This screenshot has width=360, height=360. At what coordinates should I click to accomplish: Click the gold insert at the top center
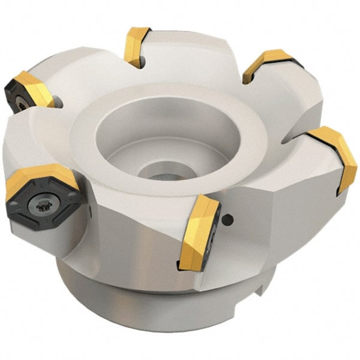coord(137,46)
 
